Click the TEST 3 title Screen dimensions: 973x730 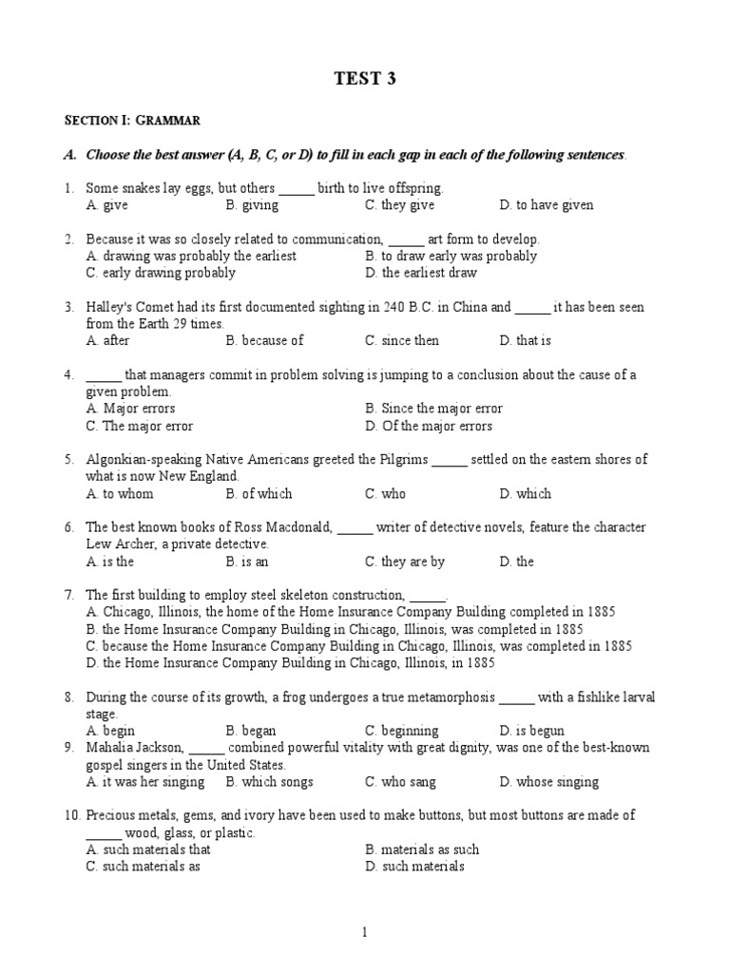coord(364,79)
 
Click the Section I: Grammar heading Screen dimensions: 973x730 coord(132,121)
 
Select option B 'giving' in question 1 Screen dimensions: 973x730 coord(252,205)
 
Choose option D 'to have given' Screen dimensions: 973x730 coord(547,205)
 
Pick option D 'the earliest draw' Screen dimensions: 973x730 coord(421,273)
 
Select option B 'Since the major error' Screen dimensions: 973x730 coord(433,409)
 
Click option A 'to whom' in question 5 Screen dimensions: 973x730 coord(119,494)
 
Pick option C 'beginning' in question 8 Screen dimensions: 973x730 coord(402,731)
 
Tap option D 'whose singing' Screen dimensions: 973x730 coord(548,782)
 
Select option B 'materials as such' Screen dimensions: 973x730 coord(422,849)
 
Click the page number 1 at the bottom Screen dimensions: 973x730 coord(364,934)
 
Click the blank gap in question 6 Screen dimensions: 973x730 coord(355,528)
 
